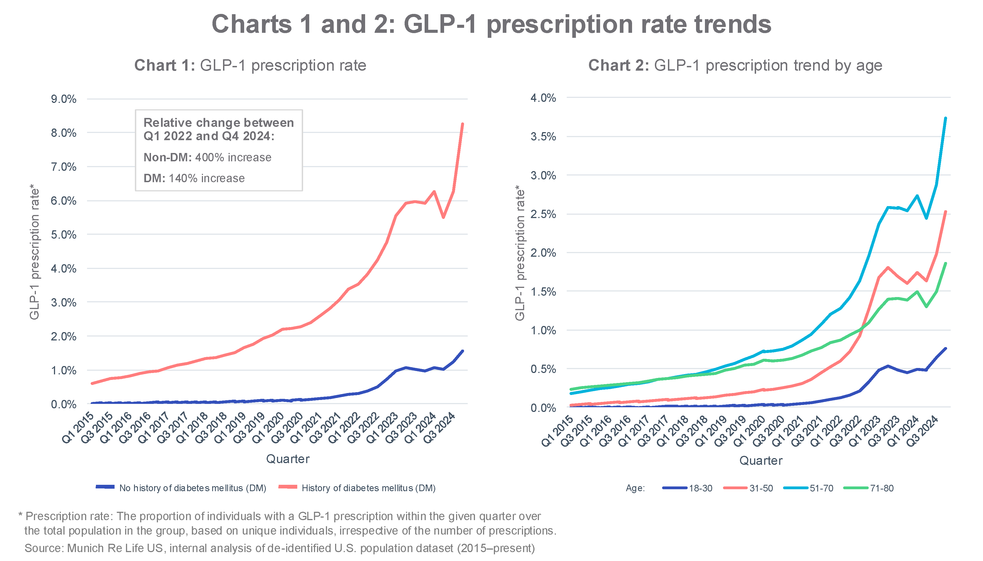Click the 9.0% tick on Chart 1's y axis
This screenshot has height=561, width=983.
pyautogui.click(x=64, y=99)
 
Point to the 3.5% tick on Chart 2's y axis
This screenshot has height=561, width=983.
pyautogui.click(x=543, y=137)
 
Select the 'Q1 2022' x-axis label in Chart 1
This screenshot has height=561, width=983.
pyautogui.click(x=345, y=428)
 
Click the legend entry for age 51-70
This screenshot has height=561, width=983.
pyautogui.click(x=809, y=488)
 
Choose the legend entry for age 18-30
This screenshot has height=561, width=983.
pyautogui.click(x=688, y=488)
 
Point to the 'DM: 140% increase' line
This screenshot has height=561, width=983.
pyautogui.click(x=194, y=178)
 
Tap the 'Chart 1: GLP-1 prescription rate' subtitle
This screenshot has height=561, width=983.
pyautogui.click(x=250, y=66)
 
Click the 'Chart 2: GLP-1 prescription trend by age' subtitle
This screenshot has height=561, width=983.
pyautogui.click(x=735, y=66)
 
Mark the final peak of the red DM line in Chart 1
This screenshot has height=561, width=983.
pyautogui.click(x=462, y=124)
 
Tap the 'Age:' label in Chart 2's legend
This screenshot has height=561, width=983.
pyautogui.click(x=635, y=488)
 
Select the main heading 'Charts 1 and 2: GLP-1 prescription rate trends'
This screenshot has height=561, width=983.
pyautogui.click(x=491, y=24)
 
